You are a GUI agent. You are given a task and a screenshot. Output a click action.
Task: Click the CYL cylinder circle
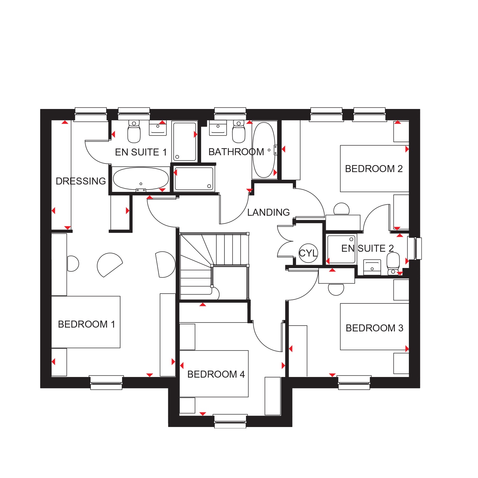click(308, 253)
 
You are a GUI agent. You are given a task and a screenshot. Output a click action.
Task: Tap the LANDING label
click(268, 212)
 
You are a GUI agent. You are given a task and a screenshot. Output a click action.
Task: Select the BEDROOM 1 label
click(86, 324)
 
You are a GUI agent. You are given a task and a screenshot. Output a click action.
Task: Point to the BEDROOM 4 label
click(216, 374)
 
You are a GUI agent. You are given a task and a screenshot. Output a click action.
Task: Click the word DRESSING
click(81, 181)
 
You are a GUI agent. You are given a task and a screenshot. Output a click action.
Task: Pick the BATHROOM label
click(236, 152)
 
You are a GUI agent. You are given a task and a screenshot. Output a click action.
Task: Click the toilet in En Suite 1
click(134, 132)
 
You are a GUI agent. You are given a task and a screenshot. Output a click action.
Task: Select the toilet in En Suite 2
click(393, 264)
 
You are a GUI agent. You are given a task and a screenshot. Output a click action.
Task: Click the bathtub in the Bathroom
click(264, 150)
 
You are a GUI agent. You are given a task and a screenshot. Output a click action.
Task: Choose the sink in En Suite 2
click(372, 267)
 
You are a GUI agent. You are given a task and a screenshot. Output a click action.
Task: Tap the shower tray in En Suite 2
click(341, 249)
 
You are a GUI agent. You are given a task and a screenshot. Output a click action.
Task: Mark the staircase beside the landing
click(214, 266)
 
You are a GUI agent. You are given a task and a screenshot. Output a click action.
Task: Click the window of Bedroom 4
click(230, 421)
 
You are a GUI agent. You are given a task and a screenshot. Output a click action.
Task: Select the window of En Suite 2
click(415, 248)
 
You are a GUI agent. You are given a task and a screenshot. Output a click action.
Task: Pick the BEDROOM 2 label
click(374, 169)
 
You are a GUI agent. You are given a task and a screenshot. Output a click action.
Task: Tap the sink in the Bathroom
click(218, 127)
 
